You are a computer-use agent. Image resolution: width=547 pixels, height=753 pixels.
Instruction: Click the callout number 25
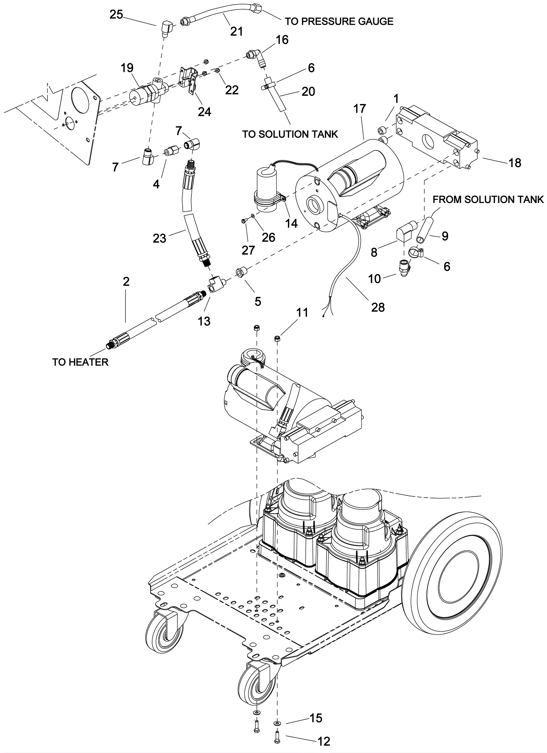pyautogui.click(x=116, y=15)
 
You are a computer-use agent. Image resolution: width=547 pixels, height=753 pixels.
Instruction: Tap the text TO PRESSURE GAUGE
pyautogui.click(x=339, y=21)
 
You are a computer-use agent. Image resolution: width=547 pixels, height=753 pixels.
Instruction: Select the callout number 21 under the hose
pyautogui.click(x=237, y=31)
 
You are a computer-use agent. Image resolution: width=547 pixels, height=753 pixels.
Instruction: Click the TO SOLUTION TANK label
pyautogui.click(x=290, y=134)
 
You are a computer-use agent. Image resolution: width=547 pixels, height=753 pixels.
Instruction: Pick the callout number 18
pyautogui.click(x=515, y=163)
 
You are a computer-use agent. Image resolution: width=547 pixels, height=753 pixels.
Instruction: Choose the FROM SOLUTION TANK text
pyautogui.click(x=488, y=199)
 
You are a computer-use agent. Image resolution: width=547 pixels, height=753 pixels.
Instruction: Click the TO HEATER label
pyautogui.click(x=80, y=362)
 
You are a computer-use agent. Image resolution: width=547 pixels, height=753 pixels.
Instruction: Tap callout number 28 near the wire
pyautogui.click(x=378, y=307)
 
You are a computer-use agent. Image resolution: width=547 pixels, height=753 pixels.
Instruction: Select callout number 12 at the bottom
pyautogui.click(x=324, y=741)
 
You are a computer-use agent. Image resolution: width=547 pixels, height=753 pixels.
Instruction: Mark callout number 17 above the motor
pyautogui.click(x=360, y=109)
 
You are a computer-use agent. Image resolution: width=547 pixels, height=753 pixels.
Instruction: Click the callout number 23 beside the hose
pyautogui.click(x=159, y=238)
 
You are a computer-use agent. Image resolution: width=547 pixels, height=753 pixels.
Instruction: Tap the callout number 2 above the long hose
pyautogui.click(x=126, y=282)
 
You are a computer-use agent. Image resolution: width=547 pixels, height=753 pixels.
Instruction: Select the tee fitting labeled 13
pyautogui.click(x=215, y=285)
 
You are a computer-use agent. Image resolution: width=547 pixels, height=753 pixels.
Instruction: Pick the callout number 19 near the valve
pyautogui.click(x=127, y=68)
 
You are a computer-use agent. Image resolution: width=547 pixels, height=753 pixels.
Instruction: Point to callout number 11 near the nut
pyautogui.click(x=302, y=312)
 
